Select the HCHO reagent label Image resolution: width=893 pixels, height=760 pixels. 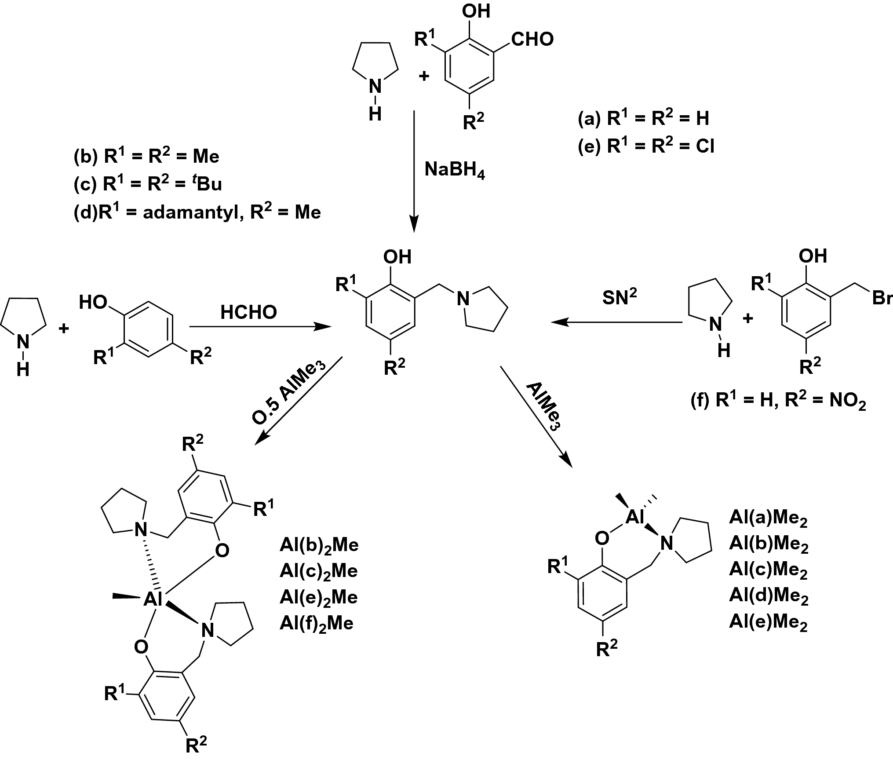click(248, 312)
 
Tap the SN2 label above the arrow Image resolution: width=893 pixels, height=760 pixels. click(620, 297)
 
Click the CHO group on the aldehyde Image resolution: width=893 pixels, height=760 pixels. click(532, 40)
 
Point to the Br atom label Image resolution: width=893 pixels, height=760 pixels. click(881, 299)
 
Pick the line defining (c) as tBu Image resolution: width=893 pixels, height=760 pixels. click(148, 184)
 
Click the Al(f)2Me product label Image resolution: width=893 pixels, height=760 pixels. click(316, 624)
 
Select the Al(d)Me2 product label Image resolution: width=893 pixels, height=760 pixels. click(768, 596)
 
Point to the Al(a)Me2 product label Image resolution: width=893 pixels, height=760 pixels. click(768, 518)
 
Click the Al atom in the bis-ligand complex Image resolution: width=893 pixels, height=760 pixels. click(153, 599)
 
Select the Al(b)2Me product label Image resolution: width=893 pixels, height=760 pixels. click(319, 545)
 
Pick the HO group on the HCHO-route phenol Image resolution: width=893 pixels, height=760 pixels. click(93, 303)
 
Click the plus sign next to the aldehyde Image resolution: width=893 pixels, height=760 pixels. click(424, 76)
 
